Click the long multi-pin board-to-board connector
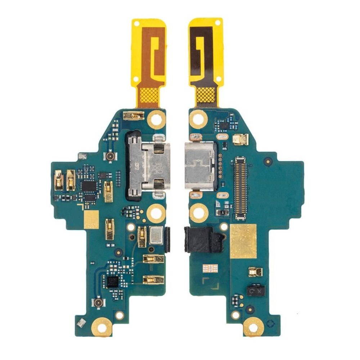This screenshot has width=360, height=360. click(x=241, y=188)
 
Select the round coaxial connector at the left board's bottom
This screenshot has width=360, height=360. click(x=97, y=303)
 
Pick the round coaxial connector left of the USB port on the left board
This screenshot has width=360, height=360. click(x=108, y=156)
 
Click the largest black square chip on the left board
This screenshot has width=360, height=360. click(x=89, y=186)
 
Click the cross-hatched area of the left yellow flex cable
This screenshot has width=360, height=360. click(x=148, y=95)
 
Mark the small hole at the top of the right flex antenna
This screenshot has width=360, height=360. click(x=217, y=22)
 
